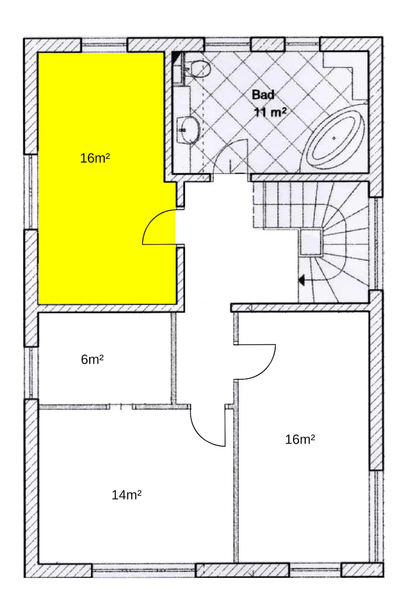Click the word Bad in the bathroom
[x=263, y=95]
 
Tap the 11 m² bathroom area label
[x=270, y=112]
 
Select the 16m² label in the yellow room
[x=95, y=158]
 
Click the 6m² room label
[x=92, y=359]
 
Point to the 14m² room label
[x=127, y=495]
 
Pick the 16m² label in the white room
[x=300, y=439]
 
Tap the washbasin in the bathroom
[x=188, y=130]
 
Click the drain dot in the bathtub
[x=334, y=138]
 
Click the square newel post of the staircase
[x=311, y=242]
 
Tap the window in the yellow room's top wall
[x=104, y=45]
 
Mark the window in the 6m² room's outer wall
[x=31, y=373]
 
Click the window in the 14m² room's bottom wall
[x=144, y=570]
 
